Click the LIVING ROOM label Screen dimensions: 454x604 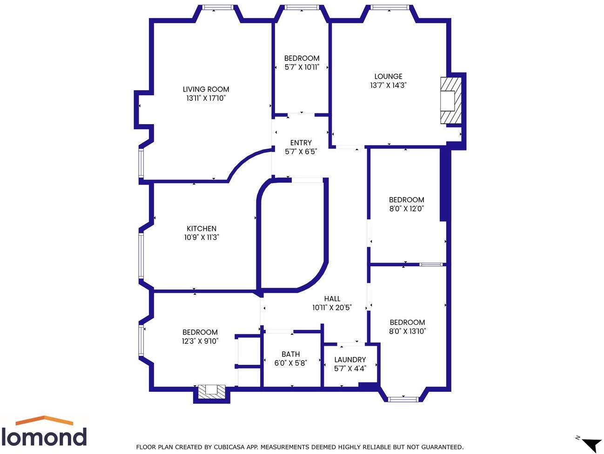click(206, 89)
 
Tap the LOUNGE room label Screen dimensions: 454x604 click(388, 76)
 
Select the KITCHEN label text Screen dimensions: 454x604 click(201, 229)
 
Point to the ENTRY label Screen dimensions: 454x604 click(301, 143)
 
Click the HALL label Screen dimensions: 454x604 click(332, 299)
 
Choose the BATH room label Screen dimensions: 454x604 click(290, 354)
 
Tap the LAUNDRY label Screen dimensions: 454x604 click(350, 360)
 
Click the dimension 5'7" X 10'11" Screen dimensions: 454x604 click(302, 67)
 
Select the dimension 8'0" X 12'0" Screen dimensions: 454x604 click(406, 209)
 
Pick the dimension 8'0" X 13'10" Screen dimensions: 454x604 click(407, 331)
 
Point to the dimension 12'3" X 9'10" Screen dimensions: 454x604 click(200, 341)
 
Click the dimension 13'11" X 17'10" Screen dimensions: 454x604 click(206, 98)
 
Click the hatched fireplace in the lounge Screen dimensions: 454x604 click(451, 100)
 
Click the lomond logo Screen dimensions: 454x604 click(44, 432)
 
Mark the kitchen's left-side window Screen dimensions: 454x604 click(141, 256)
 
